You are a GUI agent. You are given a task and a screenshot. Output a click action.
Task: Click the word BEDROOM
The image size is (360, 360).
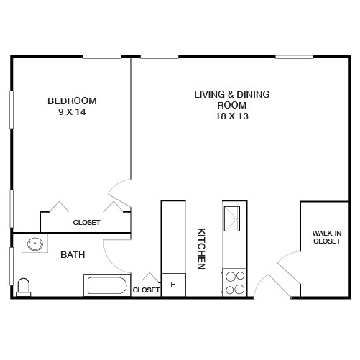coord(72,101)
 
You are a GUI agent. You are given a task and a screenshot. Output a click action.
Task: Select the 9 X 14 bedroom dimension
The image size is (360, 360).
coord(72,113)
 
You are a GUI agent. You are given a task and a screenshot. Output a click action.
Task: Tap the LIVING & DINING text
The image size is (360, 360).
coord(226,94)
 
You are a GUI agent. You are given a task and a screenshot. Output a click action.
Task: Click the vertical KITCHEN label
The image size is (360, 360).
coord(202,249)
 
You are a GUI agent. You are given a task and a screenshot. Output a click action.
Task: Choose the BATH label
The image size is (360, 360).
coord(73,254)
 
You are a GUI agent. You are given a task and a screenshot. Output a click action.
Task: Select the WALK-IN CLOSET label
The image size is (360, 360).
coord(327,237)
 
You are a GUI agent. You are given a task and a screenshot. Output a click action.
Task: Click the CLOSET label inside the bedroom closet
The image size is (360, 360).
coord(86,223)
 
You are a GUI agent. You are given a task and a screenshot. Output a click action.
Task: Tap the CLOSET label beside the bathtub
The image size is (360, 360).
coord(146,290)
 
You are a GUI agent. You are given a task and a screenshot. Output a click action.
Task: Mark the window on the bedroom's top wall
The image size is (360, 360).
coord(101,57)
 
